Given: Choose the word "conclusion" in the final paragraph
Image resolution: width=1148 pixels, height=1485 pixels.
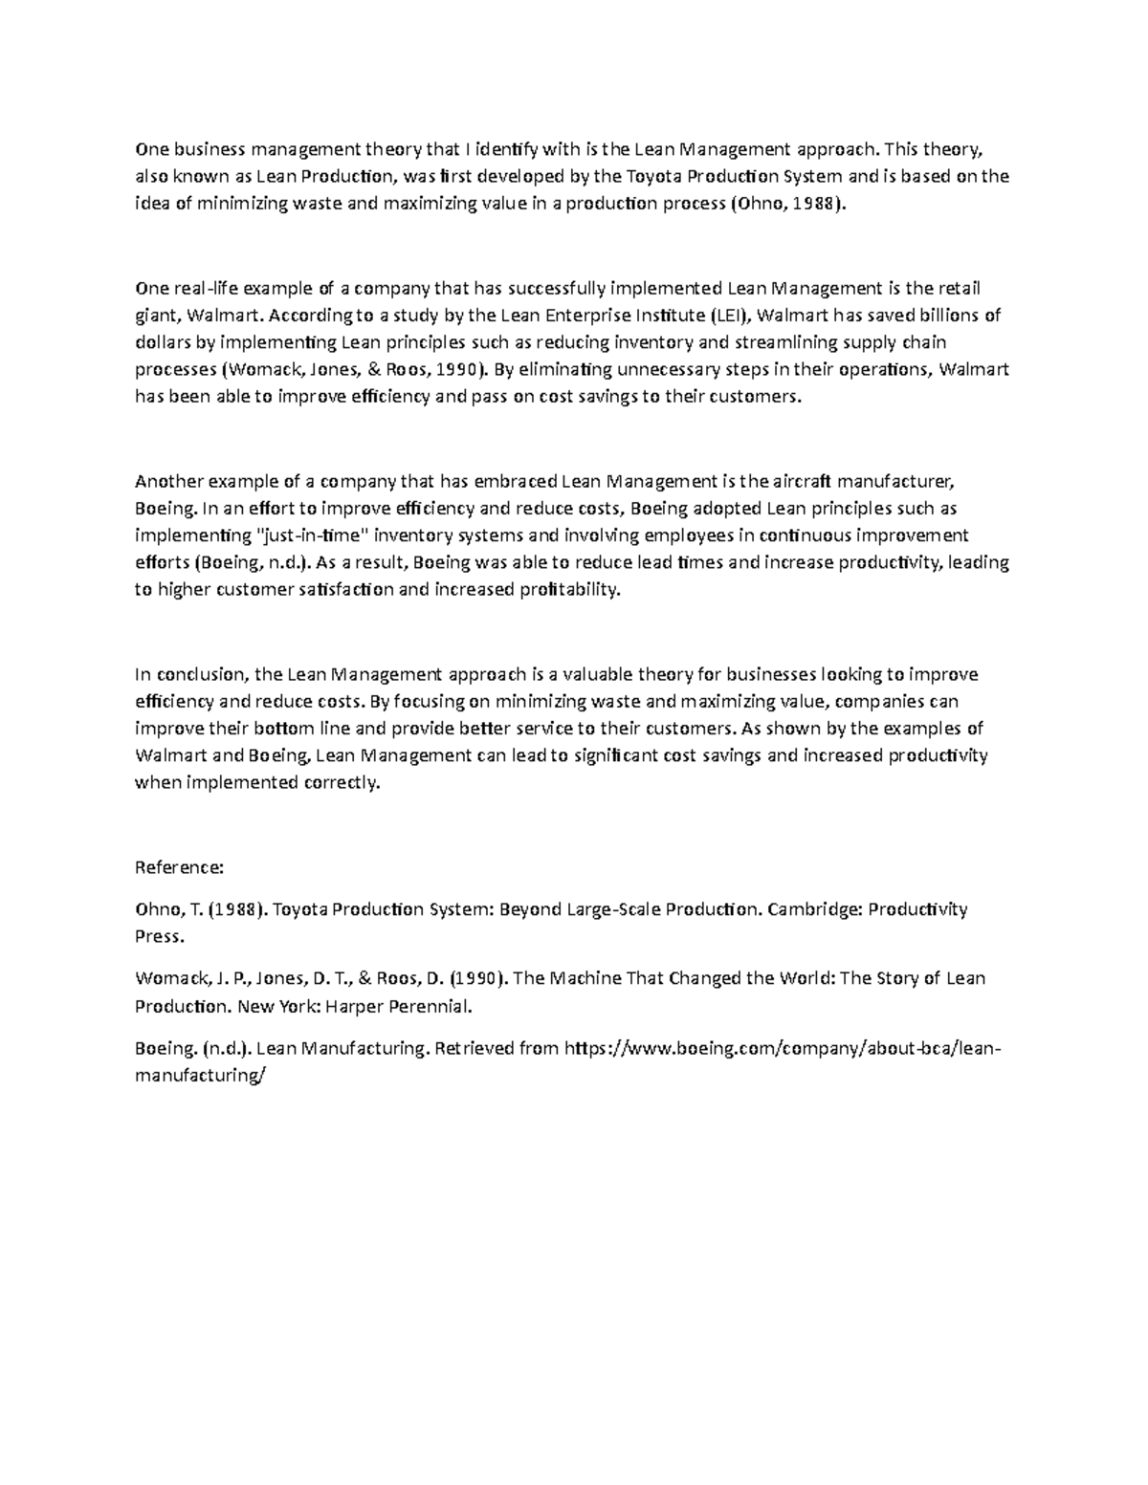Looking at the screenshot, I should click(x=200, y=674).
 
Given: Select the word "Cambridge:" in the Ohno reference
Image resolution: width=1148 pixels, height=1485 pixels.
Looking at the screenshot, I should click(x=814, y=909).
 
